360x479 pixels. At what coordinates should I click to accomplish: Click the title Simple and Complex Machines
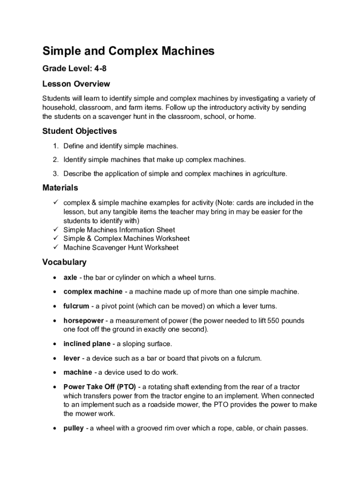pyautogui.click(x=128, y=51)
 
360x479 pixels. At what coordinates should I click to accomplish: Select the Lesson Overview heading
pyautogui.click(x=76, y=84)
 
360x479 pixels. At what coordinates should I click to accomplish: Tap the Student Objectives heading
pyautogui.click(x=79, y=131)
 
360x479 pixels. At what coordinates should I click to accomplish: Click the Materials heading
pyautogui.click(x=60, y=188)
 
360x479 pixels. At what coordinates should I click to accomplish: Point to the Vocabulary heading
pyautogui.click(x=65, y=262)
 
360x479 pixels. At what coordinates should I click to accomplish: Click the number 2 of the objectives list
pyautogui.click(x=55, y=160)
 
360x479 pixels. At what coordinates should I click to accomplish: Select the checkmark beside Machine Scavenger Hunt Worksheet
pyautogui.click(x=55, y=247)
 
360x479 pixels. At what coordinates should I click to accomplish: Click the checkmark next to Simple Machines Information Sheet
pyautogui.click(x=55, y=230)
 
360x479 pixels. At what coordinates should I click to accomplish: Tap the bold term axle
pyautogui.click(x=70, y=278)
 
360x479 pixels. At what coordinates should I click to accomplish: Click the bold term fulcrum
pyautogui.click(x=76, y=306)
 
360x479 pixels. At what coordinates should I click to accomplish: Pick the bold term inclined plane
pyautogui.click(x=87, y=344)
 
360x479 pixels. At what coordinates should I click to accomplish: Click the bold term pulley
pyautogui.click(x=73, y=428)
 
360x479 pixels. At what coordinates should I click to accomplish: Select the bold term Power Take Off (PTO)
pyautogui.click(x=100, y=387)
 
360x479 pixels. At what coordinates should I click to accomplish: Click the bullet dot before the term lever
pyautogui.click(x=55, y=358)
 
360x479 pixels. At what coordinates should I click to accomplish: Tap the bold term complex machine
pyautogui.click(x=93, y=292)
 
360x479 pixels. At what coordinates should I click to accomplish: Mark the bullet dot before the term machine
pyautogui.click(x=55, y=373)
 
